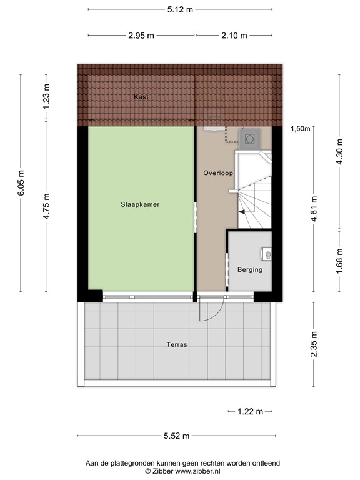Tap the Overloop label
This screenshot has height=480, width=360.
pos(217,172)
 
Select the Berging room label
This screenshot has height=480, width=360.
pos(249,270)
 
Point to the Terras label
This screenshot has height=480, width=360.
pos(177,344)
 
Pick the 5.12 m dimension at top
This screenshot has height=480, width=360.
pos(180,9)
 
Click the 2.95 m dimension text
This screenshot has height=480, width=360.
pos(141,35)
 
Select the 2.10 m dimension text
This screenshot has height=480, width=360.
pos(234,35)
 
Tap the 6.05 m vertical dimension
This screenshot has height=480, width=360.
pos(22,183)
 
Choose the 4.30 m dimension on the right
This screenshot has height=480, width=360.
pos(339,152)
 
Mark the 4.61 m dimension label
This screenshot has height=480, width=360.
pos(314,209)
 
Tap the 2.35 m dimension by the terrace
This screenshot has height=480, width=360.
pos(314,344)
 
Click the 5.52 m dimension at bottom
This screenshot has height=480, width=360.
pos(177,436)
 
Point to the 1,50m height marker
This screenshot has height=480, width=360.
pos(300,129)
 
